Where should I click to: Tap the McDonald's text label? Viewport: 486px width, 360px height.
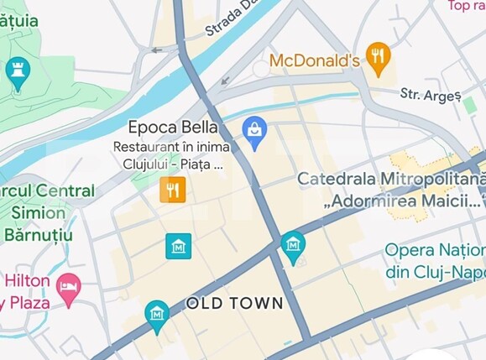pyautogui.click(x=314, y=60)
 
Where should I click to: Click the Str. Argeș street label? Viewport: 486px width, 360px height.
pyautogui.click(x=431, y=95)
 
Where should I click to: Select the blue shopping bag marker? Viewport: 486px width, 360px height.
pyautogui.click(x=254, y=131)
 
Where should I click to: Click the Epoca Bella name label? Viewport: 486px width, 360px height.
pyautogui.click(x=173, y=128)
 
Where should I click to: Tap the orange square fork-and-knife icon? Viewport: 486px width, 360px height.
pyautogui.click(x=172, y=190)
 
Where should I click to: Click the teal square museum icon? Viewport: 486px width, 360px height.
pyautogui.click(x=178, y=246)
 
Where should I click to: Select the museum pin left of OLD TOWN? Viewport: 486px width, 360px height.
pyautogui.click(x=156, y=315)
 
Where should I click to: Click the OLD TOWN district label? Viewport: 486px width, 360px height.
pyautogui.click(x=234, y=302)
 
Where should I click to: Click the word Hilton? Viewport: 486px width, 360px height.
pyautogui.click(x=29, y=280)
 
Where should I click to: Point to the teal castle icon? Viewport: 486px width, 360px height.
pyautogui.click(x=17, y=72)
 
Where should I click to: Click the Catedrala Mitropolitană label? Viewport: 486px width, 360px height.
pyautogui.click(x=391, y=180)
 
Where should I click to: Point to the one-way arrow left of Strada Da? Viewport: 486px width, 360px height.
pyautogui.click(x=157, y=50)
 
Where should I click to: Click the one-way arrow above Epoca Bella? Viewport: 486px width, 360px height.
pyautogui.click(x=223, y=81)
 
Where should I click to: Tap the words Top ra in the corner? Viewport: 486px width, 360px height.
pyautogui.click(x=467, y=7)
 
